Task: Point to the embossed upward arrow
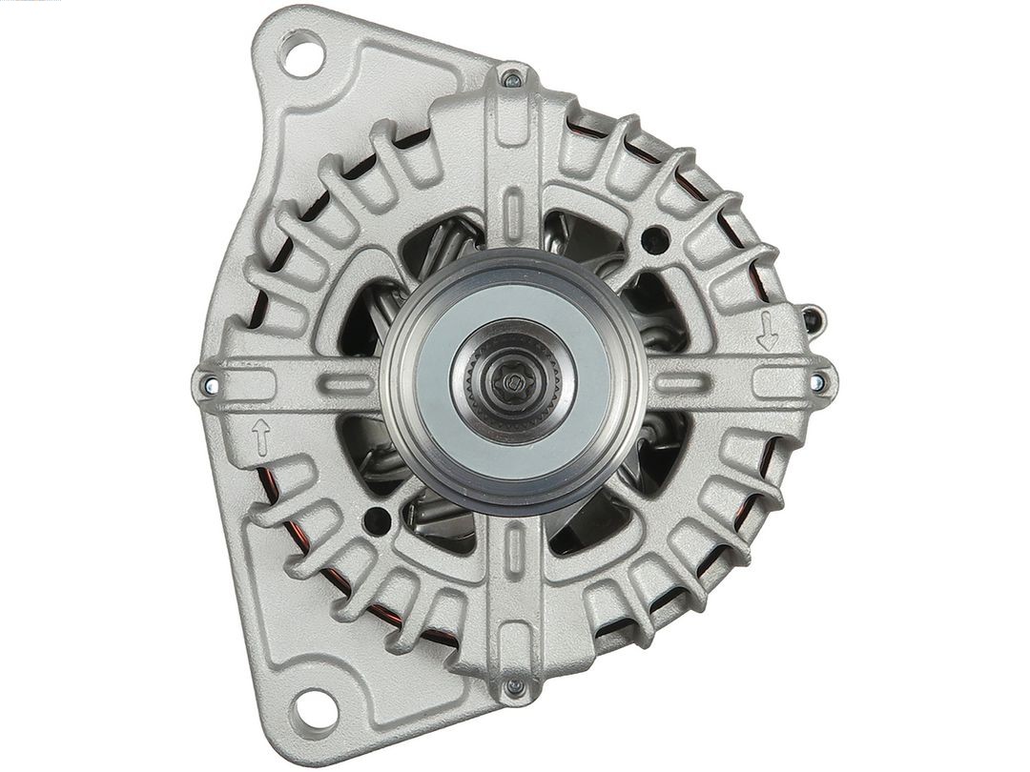pos(260,437)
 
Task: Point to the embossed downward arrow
pos(766,330)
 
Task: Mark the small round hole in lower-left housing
pos(378,520)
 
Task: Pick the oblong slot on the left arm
pos(345,384)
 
